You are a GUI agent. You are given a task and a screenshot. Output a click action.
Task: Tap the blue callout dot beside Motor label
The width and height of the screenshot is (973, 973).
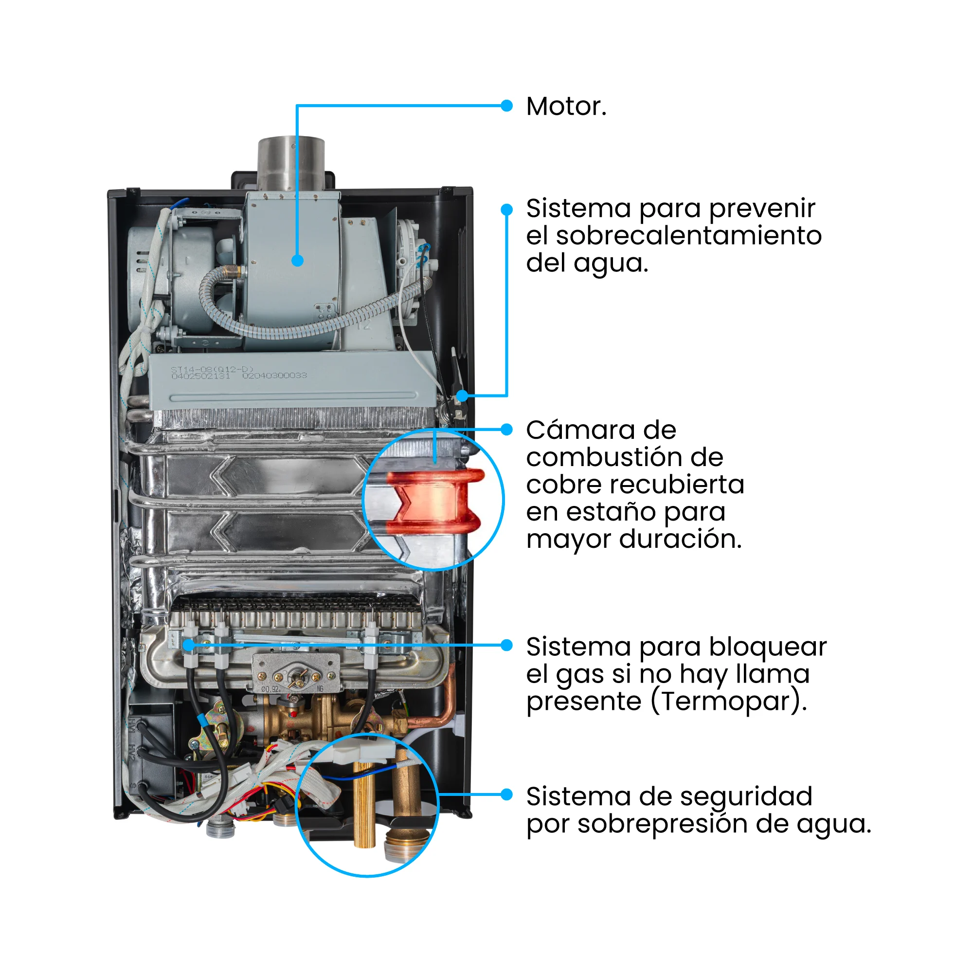click(x=507, y=106)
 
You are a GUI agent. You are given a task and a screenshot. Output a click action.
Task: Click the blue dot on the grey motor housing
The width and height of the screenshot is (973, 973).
click(x=298, y=260)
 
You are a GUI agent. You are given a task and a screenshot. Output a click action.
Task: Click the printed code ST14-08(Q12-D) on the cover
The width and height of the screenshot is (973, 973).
click(x=212, y=370)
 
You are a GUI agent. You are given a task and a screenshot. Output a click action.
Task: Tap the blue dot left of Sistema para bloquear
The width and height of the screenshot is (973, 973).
click(x=507, y=645)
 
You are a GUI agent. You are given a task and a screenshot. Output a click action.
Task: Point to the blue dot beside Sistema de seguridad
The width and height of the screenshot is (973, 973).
click(x=507, y=795)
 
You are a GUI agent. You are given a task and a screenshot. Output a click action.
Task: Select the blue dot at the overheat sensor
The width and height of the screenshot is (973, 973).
click(x=462, y=396)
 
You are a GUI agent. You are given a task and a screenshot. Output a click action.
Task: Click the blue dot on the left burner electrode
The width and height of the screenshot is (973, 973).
click(x=188, y=645)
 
